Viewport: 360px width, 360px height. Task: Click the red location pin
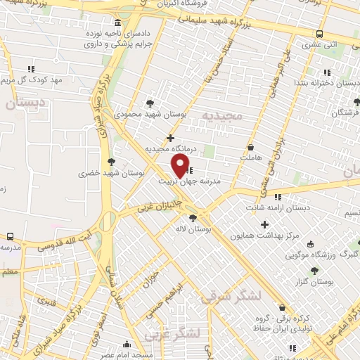(181, 165)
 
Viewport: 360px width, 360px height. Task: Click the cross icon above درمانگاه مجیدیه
(170, 138)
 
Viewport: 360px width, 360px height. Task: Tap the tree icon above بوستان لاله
(193, 219)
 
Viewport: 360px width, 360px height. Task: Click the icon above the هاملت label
(252, 148)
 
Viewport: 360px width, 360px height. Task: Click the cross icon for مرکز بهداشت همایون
(264, 225)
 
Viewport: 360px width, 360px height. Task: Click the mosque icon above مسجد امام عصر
(127, 344)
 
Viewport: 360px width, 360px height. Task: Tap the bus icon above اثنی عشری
(320, 33)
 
